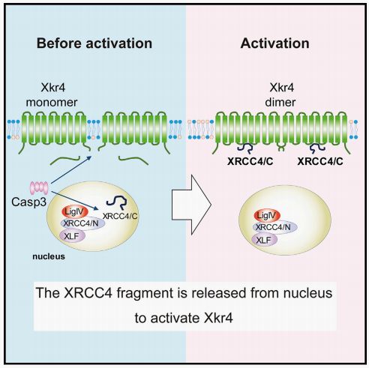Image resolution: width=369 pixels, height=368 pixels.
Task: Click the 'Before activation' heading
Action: coord(94,43)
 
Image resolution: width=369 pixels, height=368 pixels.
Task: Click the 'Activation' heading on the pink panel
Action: coord(274,43)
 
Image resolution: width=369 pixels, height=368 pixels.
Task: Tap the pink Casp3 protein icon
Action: coord(39,188)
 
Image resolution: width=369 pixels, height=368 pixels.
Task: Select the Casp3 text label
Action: coord(28,202)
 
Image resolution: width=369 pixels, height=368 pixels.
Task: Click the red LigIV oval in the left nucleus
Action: coord(75,211)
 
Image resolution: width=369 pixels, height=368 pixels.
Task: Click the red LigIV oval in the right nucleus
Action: coord(267,215)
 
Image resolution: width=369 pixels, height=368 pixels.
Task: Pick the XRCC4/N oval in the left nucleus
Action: coord(83,223)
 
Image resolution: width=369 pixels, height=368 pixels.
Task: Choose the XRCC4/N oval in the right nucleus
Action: coord(275,227)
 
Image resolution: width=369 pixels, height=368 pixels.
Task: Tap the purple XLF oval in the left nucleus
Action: coord(72,236)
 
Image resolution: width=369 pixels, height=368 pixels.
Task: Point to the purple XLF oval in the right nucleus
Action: coord(265,240)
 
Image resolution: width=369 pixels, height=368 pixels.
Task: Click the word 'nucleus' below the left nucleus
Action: coord(49,256)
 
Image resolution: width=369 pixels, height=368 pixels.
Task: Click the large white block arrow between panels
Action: coord(192,205)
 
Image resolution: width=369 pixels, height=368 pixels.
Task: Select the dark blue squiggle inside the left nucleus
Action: coord(117,202)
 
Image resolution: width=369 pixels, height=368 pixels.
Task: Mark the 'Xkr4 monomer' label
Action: coord(52,95)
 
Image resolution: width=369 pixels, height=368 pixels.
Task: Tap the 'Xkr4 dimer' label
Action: coord(281,95)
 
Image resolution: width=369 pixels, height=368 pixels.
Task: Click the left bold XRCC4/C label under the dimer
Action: coord(250,161)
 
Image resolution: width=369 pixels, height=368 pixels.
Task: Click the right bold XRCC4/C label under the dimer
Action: coord(320,161)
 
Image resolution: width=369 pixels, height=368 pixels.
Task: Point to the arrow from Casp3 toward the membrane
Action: coord(71,170)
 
